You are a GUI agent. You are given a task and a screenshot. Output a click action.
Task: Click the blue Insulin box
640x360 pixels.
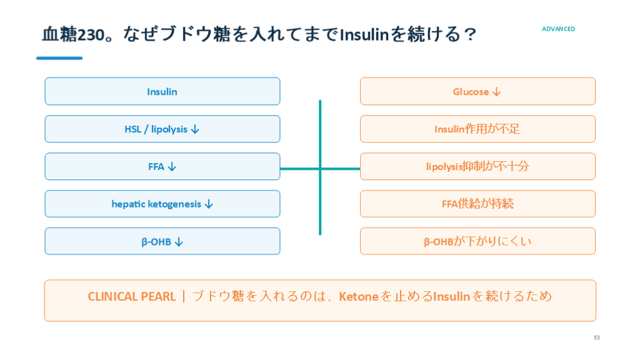click(162, 91)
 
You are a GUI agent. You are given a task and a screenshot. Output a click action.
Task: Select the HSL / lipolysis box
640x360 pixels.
click(162, 129)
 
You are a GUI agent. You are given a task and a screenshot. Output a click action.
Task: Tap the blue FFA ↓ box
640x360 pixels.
click(162, 166)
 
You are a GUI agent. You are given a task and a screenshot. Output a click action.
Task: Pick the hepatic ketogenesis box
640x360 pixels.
click(162, 204)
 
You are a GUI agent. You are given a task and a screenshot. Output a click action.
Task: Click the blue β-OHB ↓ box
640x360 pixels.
click(162, 241)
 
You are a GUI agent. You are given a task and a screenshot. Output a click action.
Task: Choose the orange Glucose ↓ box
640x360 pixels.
click(477, 91)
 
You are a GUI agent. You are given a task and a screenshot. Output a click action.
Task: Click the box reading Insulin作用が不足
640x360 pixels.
click(477, 129)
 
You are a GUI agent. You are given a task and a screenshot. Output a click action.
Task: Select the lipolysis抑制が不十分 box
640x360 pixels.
click(477, 166)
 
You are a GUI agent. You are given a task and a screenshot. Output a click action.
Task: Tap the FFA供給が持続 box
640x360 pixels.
click(477, 204)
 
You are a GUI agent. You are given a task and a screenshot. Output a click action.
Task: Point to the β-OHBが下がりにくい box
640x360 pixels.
click(477, 241)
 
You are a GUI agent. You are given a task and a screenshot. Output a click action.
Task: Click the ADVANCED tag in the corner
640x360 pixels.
click(558, 29)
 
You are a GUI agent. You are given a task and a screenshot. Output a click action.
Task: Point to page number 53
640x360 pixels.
click(597, 337)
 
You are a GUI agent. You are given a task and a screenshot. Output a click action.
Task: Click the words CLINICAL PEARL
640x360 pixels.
click(131, 296)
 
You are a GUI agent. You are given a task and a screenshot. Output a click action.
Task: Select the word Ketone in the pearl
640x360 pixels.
click(358, 296)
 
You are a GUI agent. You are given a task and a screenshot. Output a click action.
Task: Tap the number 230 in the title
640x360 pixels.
click(91, 35)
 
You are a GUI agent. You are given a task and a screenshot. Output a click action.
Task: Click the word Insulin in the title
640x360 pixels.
click(364, 35)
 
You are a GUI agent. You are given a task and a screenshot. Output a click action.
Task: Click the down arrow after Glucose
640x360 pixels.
click(496, 92)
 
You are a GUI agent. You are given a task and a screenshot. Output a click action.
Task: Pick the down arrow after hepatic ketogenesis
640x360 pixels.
click(209, 204)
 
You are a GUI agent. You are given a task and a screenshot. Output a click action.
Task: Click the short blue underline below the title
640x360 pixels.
click(59, 58)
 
